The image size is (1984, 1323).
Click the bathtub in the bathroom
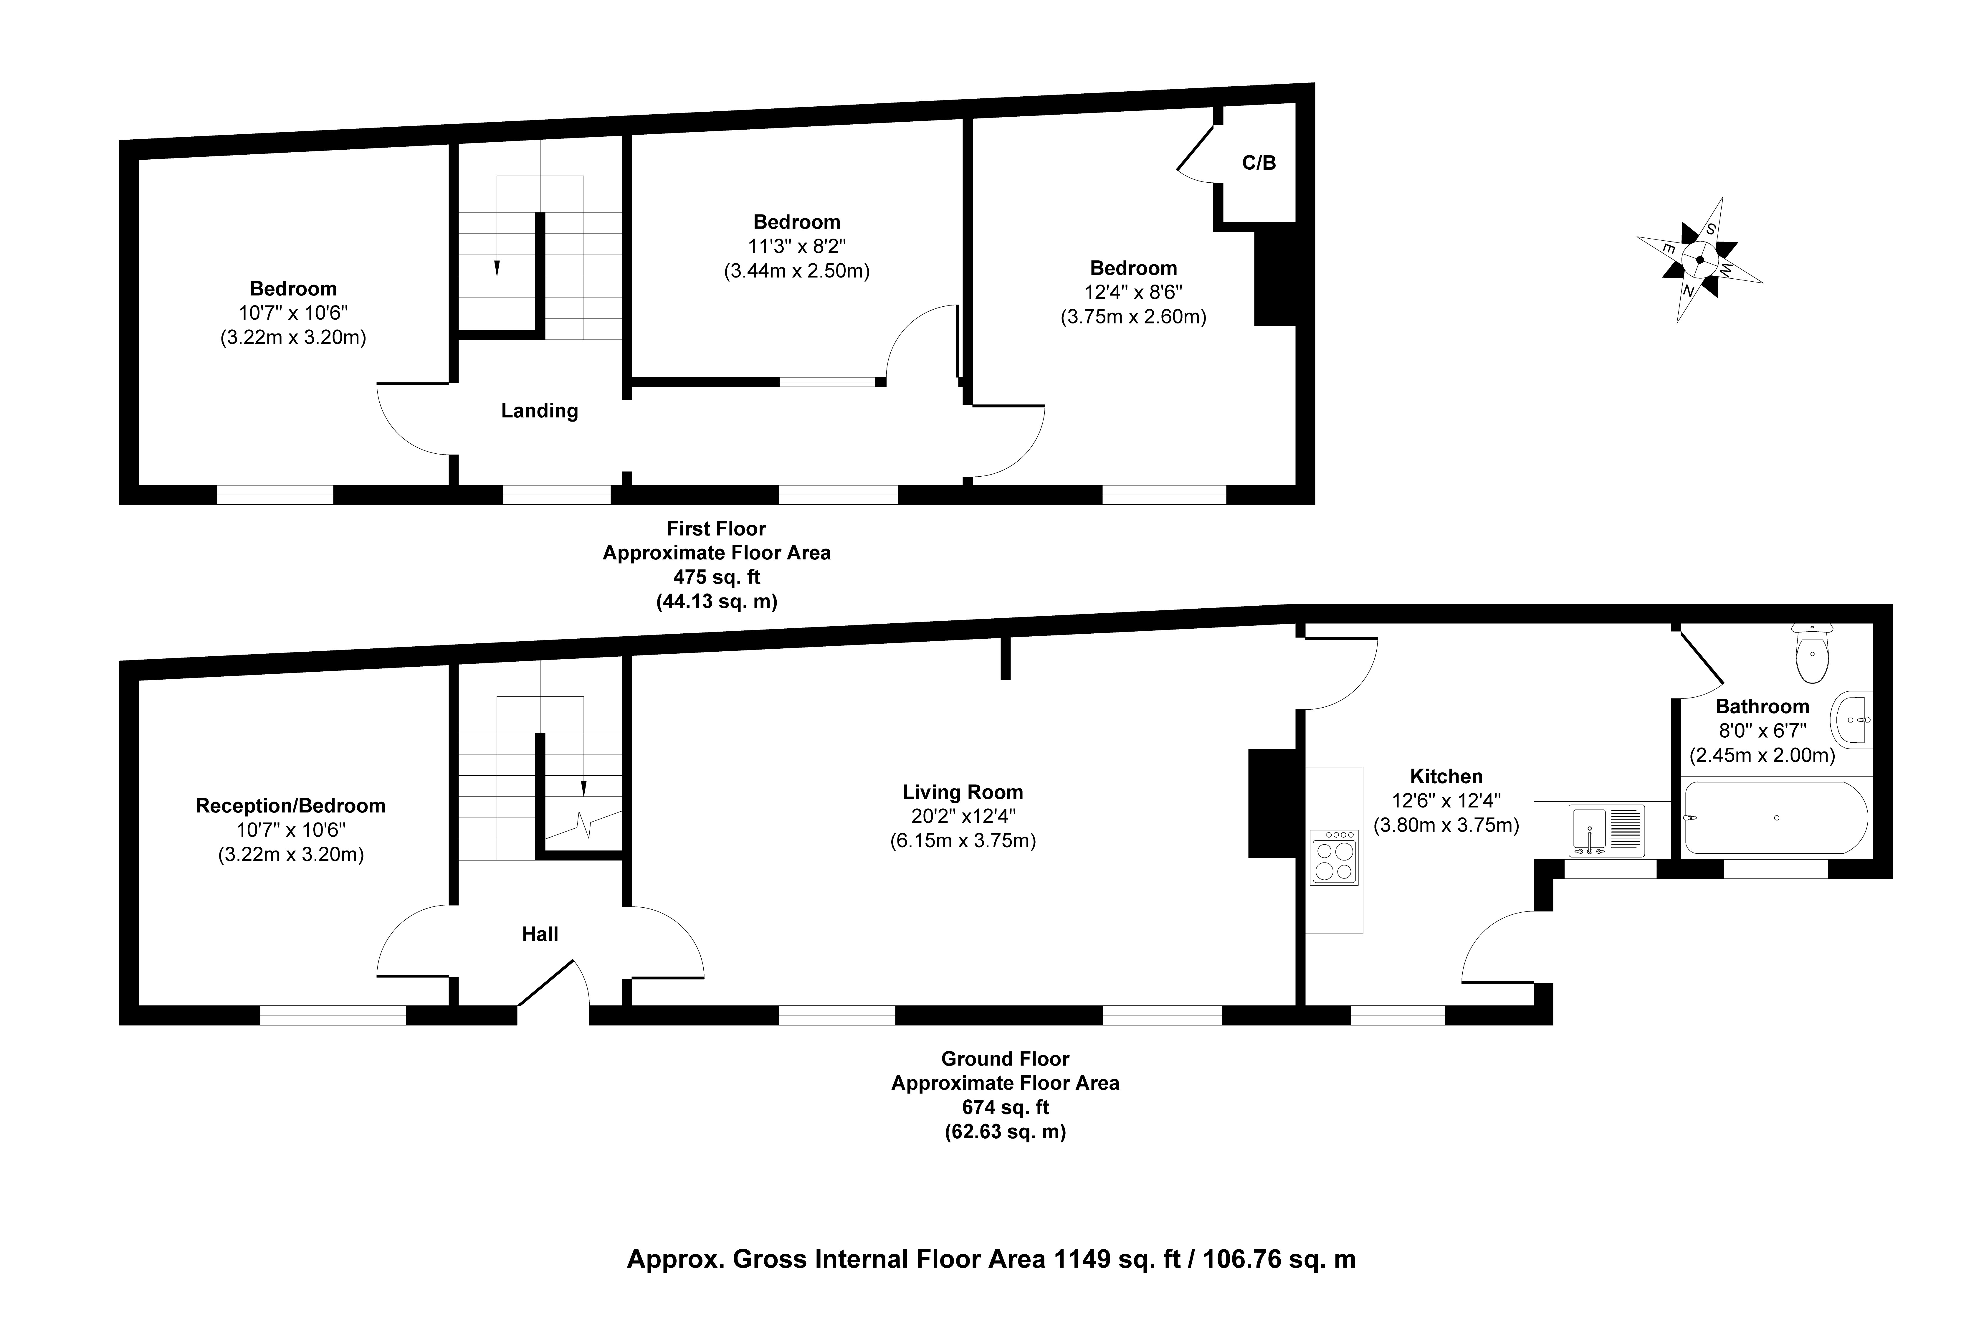(x=1776, y=817)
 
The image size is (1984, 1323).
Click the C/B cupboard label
(x=1259, y=163)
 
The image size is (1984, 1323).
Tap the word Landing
(x=540, y=411)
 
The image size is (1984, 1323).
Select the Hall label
(x=540, y=934)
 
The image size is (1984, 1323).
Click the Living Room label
(x=963, y=792)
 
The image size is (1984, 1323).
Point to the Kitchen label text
(x=1446, y=776)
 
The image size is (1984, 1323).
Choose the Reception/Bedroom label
(x=291, y=806)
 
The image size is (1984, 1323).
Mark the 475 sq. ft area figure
(x=716, y=577)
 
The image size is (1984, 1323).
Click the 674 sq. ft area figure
(x=1006, y=1107)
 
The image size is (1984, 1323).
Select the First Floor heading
(x=716, y=529)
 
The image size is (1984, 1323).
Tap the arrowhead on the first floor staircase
(x=497, y=268)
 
